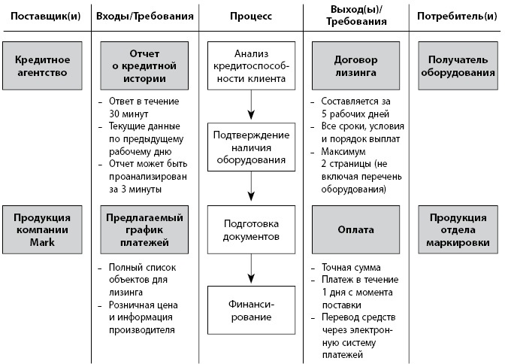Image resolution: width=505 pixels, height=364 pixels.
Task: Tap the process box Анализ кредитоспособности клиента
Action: [x=252, y=66]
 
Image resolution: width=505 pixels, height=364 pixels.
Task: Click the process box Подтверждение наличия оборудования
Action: [x=252, y=146]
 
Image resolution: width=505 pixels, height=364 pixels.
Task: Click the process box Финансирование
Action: [x=252, y=310]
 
